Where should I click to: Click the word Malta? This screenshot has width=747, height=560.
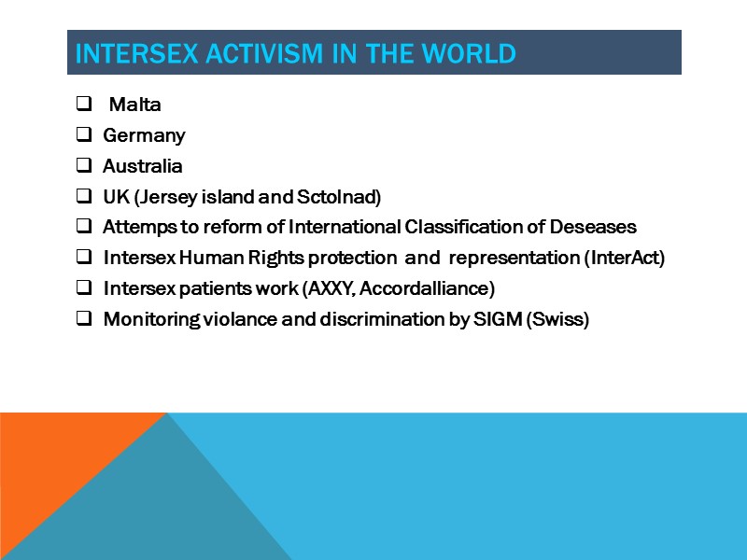pyautogui.click(x=135, y=105)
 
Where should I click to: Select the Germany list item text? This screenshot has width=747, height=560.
pyautogui.click(x=144, y=135)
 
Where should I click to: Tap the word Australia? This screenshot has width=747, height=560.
pyautogui.click(x=142, y=166)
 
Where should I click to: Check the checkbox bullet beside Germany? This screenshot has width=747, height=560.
pyautogui.click(x=83, y=135)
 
